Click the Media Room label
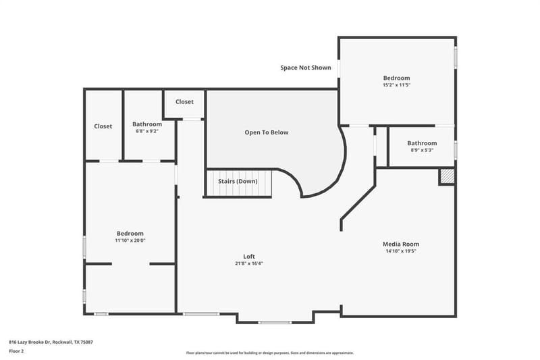[401, 244]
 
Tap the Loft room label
[249, 256]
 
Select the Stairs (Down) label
[238, 181]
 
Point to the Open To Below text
[267, 132]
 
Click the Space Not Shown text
[306, 68]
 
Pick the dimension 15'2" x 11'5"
[397, 84]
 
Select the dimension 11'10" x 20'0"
[130, 240]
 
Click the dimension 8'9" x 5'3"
[422, 150]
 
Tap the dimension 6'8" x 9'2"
[147, 131]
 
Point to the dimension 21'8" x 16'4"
[249, 263]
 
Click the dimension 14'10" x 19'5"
[401, 251]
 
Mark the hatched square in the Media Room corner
[448, 176]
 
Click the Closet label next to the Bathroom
[103, 126]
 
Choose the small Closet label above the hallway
[184, 101]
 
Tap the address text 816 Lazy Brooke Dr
[30, 342]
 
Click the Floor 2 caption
[16, 351]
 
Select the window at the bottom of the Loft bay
[275, 322]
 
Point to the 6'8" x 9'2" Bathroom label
[147, 124]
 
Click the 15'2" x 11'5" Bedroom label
[397, 78]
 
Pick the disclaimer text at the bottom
[269, 353]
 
